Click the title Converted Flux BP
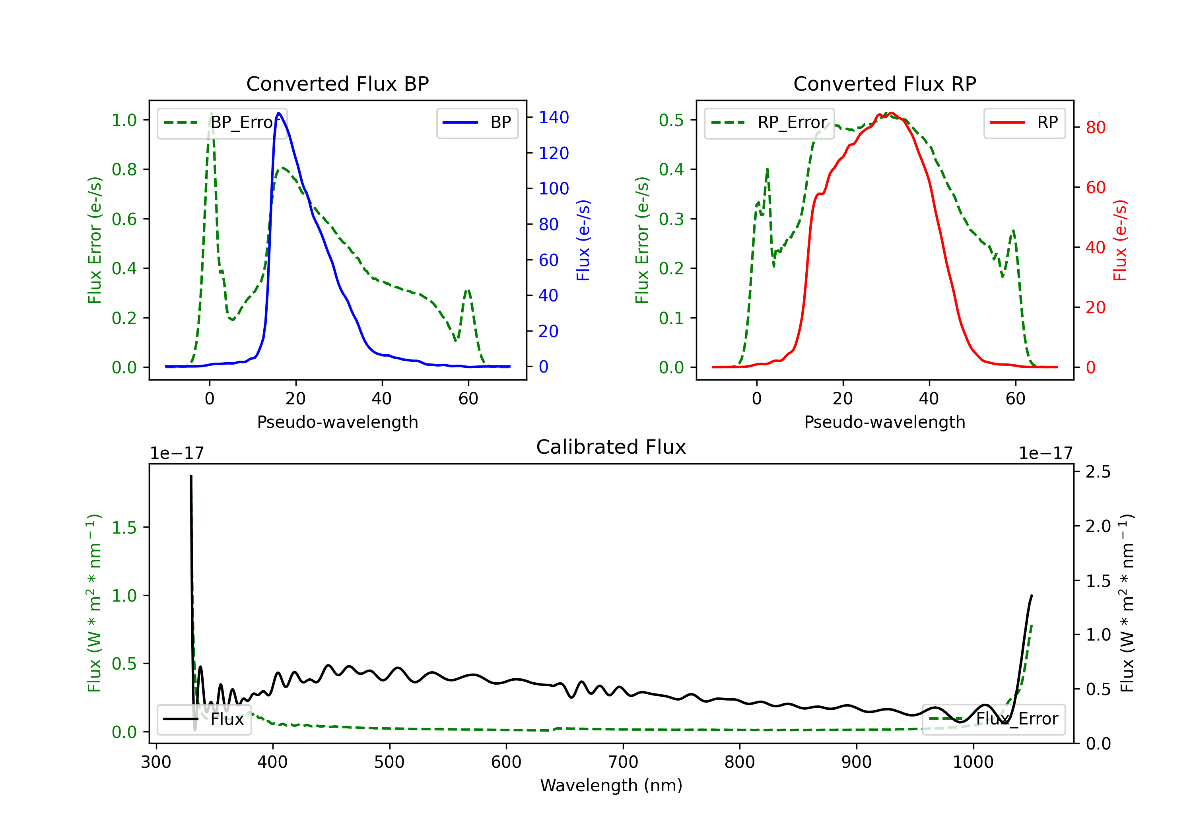337,83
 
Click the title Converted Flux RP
884,83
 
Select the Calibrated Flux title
611,447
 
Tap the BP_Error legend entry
222,122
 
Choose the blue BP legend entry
477,122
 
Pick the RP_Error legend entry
769,122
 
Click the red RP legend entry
1024,122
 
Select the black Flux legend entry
204,719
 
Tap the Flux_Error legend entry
993,719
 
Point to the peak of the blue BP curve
279,113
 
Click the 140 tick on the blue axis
554,117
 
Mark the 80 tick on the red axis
1096,127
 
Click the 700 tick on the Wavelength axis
623,762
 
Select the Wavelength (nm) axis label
611,786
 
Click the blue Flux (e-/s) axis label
583,240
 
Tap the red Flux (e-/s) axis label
1120,240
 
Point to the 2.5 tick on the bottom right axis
1098,472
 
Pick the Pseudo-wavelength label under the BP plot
337,422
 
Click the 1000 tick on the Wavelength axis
973,762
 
